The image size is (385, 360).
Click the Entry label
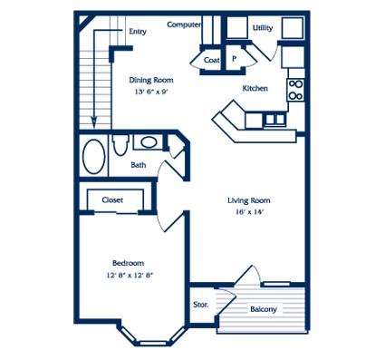[138, 31]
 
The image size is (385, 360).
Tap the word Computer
[184, 24]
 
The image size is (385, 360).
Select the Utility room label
[263, 28]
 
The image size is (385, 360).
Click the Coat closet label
[211, 60]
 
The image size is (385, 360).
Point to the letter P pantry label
[235, 59]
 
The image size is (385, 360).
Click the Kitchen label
[255, 88]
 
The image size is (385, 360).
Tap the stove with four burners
[295, 90]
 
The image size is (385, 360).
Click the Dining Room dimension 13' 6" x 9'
[151, 92]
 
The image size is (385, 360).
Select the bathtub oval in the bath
[93, 156]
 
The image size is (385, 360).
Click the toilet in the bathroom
[120, 144]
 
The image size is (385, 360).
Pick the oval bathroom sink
[148, 141]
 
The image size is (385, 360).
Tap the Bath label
[139, 165]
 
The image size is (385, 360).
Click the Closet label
[112, 199]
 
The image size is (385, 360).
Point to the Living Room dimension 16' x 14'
[250, 212]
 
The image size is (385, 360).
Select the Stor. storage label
[201, 305]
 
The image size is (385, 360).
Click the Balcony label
[264, 309]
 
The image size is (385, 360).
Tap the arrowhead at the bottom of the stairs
[94, 122]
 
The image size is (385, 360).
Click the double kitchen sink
[275, 119]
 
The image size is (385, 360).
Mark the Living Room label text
[249, 200]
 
